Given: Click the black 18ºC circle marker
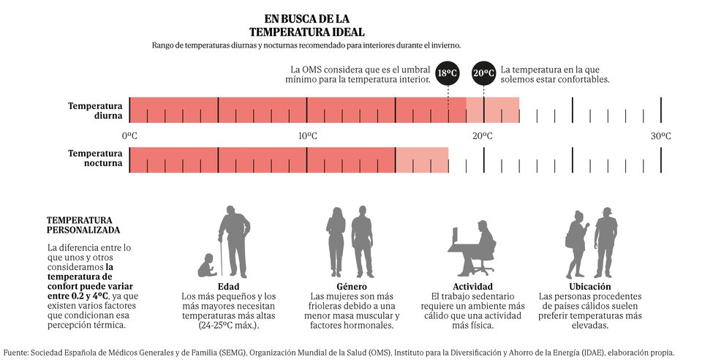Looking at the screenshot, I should pyautogui.click(x=448, y=72).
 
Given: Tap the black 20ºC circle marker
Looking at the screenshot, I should pyautogui.click(x=483, y=72).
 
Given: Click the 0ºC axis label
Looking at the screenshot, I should pyautogui.click(x=129, y=136).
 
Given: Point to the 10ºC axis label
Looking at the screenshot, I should pyautogui.click(x=307, y=136).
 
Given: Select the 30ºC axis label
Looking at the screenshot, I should pyautogui.click(x=660, y=136).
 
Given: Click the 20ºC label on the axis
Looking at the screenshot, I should pyautogui.click(x=482, y=136).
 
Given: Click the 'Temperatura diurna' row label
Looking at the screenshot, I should pyautogui.click(x=95, y=110).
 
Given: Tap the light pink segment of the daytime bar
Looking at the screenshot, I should pyautogui.click(x=492, y=110).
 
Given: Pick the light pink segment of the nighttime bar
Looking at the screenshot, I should pyautogui.click(x=422, y=160).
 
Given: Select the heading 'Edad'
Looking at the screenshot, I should pyautogui.click(x=229, y=286).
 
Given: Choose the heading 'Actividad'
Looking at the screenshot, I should pyautogui.click(x=472, y=286).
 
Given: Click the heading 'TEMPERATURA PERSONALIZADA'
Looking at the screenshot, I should pyautogui.click(x=79, y=225).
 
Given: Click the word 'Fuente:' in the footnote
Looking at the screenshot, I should pyautogui.click(x=16, y=352).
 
